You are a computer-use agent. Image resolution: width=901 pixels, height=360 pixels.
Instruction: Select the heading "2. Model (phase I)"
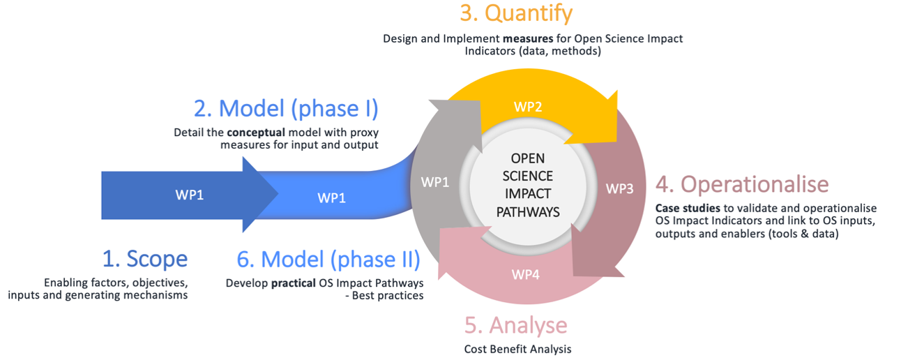[x=286, y=109]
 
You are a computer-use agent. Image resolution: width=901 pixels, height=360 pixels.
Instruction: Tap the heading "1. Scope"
[x=144, y=259]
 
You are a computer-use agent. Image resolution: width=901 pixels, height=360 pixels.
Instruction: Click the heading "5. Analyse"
[x=516, y=325]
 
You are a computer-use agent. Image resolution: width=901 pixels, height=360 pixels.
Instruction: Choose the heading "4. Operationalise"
[x=742, y=184]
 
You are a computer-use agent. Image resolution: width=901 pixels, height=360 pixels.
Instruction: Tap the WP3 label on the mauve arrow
[x=620, y=188]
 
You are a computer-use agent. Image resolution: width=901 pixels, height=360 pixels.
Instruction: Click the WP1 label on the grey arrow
[x=435, y=182]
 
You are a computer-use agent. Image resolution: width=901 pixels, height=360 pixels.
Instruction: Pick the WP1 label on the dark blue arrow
[x=189, y=195]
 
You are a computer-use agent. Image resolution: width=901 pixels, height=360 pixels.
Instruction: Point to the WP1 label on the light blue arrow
[x=331, y=197]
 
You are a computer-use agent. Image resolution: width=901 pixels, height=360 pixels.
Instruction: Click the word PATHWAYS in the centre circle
[x=527, y=211]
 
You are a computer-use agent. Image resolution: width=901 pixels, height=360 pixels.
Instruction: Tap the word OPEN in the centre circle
[x=527, y=158]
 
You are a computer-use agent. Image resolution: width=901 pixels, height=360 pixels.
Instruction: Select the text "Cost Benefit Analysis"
[x=517, y=349]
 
